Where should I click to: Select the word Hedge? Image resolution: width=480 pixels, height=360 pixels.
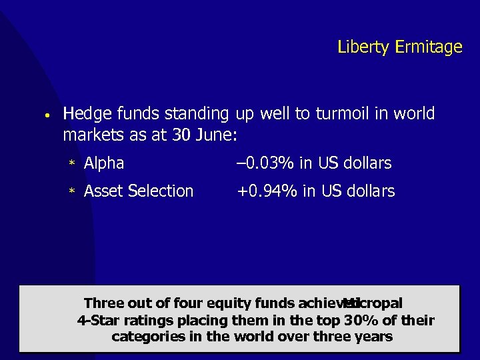click(84, 115)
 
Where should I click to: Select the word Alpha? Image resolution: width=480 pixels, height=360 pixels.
click(104, 163)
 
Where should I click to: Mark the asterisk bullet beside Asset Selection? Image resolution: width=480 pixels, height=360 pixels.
click(71, 192)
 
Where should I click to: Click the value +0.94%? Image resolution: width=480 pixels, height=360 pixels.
click(267, 191)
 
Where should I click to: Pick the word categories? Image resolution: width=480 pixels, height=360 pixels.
click(147, 337)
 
